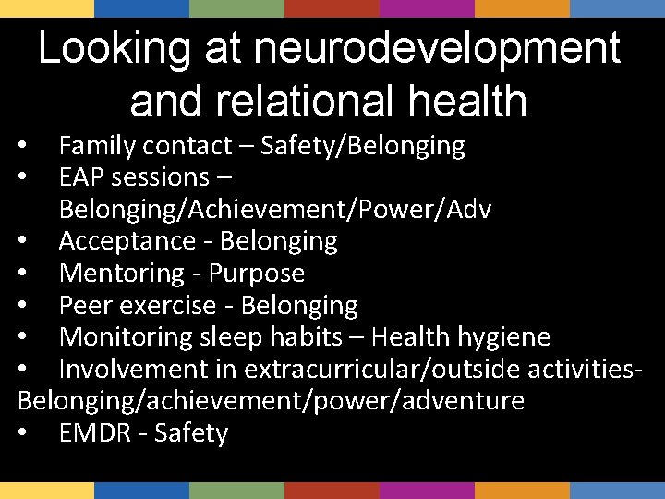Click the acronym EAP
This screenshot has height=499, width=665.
click(80, 176)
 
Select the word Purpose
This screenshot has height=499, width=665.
click(256, 274)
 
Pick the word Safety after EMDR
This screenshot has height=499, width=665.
click(191, 433)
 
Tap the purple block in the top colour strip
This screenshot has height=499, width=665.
click(427, 8)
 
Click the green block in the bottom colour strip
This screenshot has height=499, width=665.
click(236, 491)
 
